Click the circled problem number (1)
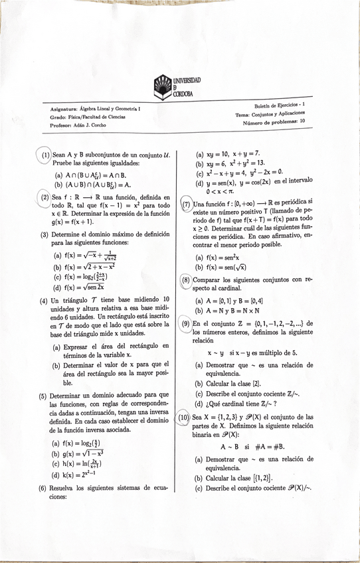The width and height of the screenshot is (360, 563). click(45, 153)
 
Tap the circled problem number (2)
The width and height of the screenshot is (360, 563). click(45, 197)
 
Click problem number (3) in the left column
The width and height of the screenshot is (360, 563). click(45, 234)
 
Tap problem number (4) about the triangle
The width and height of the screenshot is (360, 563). click(44, 300)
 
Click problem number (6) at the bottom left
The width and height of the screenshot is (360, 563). click(44, 487)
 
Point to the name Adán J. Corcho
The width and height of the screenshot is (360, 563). click(94, 124)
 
